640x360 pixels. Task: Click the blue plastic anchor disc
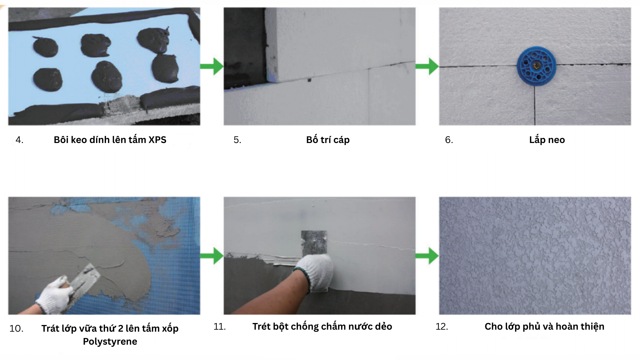536,66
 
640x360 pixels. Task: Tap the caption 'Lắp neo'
547,140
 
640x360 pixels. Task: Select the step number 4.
19,140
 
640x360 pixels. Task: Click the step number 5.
237,140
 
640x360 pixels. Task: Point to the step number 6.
449,140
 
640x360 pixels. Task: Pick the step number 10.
16,329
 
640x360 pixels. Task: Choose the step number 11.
220,327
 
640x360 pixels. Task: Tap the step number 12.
442,327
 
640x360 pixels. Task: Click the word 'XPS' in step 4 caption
157,140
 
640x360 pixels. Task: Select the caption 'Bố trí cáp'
328,140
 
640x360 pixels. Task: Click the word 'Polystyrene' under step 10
110,342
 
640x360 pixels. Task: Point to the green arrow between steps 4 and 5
212,66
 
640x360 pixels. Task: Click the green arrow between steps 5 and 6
427,66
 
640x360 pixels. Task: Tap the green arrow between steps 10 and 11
212,256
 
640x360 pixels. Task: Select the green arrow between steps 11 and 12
427,256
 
